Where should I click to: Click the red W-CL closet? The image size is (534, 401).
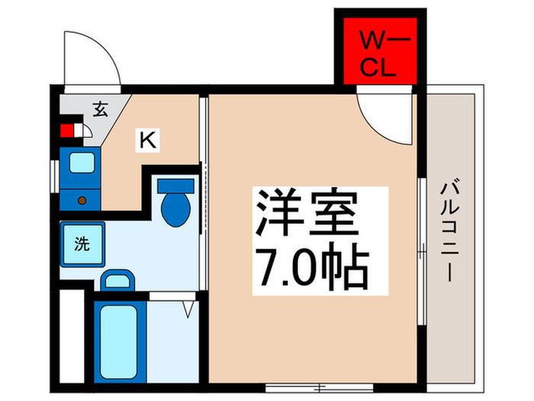380,51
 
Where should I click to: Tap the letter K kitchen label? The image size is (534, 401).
148,140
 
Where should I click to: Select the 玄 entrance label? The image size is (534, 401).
101,109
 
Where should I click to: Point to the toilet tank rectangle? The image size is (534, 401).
175,186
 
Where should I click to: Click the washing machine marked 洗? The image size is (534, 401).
82,244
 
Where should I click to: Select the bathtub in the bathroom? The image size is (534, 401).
119,341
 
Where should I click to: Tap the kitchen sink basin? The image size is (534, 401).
82,163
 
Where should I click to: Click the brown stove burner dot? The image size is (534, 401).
82,200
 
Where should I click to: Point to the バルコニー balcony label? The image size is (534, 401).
449,232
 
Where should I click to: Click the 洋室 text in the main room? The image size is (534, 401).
307,212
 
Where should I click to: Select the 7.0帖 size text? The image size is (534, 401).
313,267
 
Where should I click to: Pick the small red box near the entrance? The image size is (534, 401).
67,131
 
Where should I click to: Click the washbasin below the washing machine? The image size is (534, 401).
117,280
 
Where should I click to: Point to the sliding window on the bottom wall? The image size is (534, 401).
319,388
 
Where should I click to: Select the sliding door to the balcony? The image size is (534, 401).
422,251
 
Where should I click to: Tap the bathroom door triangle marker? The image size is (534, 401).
188,309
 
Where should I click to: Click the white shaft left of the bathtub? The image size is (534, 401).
72,336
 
